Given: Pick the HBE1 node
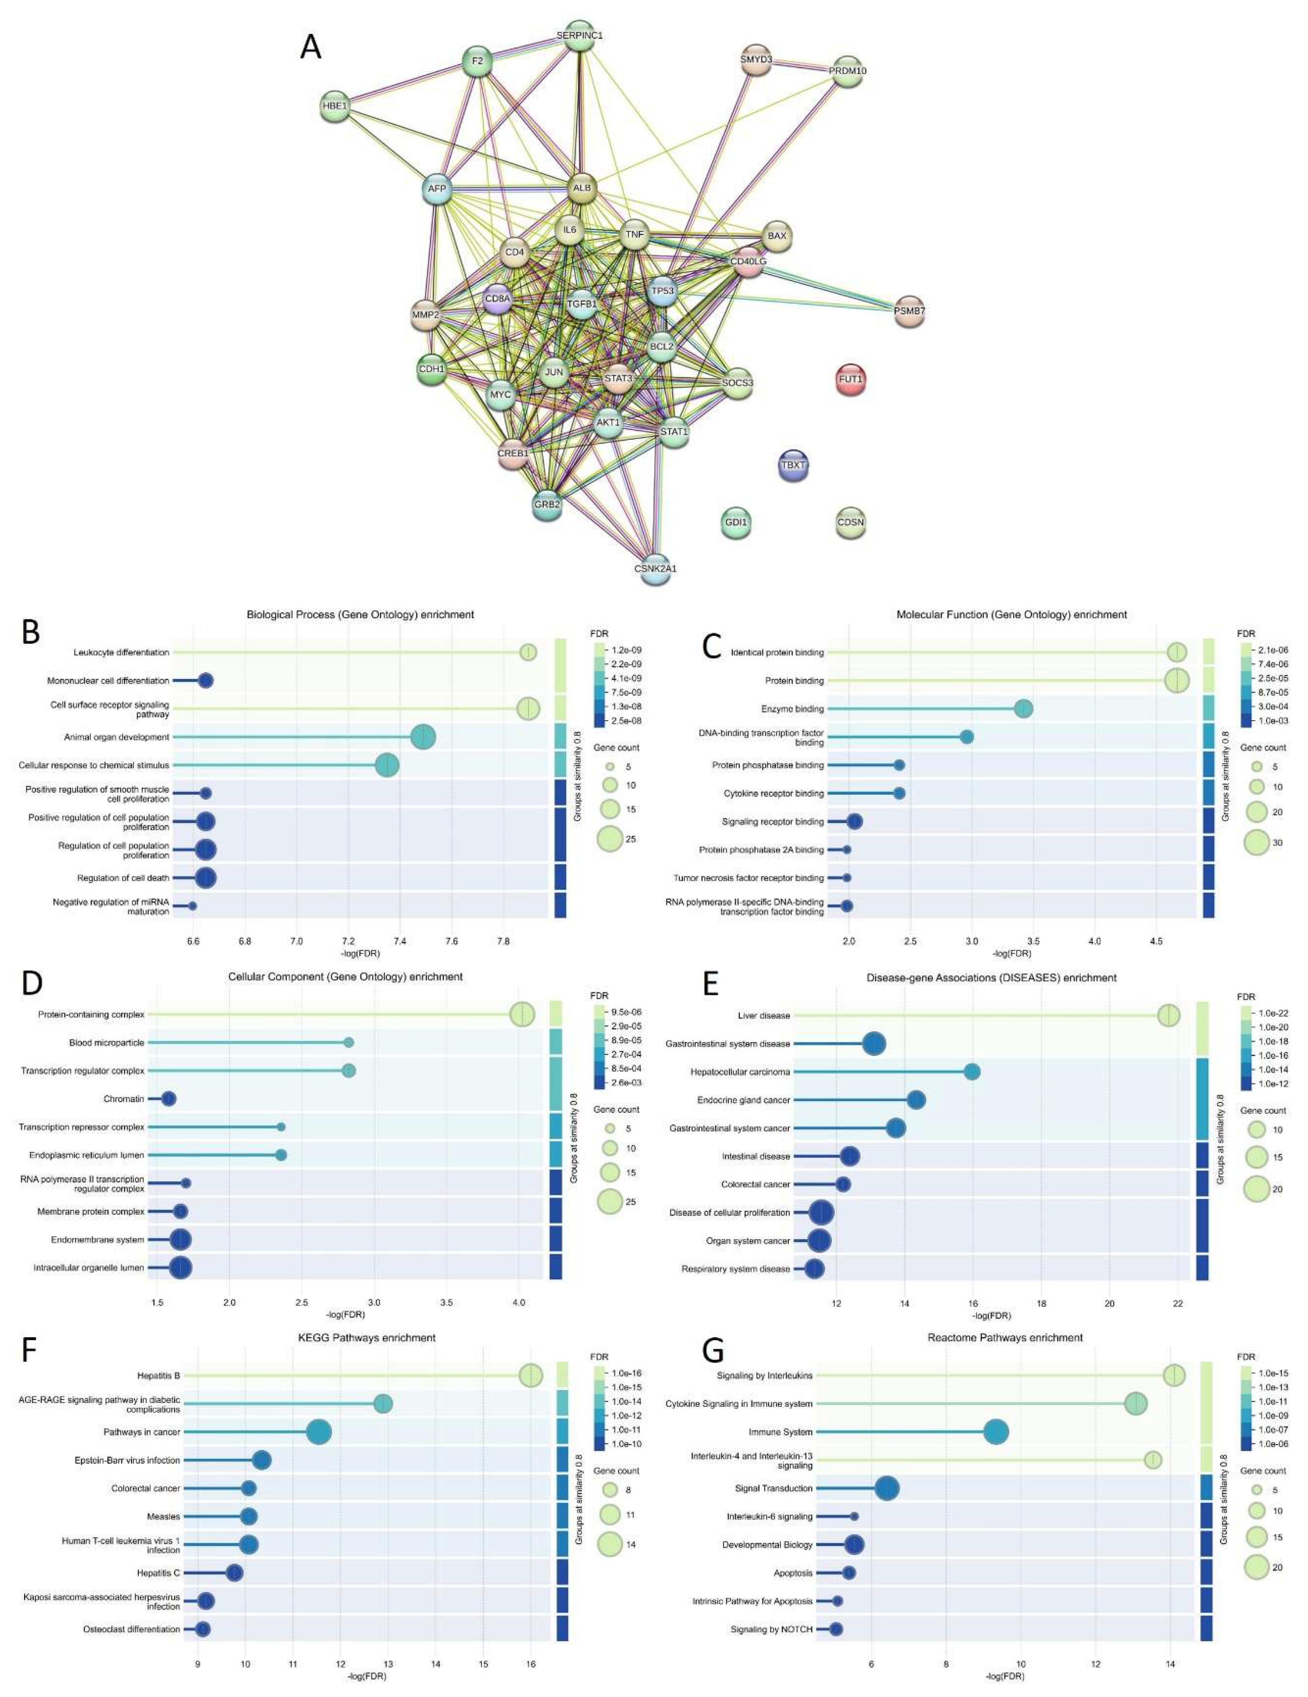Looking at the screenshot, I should click(335, 106).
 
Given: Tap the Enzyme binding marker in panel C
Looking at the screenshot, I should click(1024, 709).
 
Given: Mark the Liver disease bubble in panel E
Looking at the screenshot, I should click(1168, 1016).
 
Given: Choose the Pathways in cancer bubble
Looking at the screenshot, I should click(318, 1432).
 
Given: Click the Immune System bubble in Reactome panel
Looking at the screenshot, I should click(996, 1432).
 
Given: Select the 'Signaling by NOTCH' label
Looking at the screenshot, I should click(771, 1629).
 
